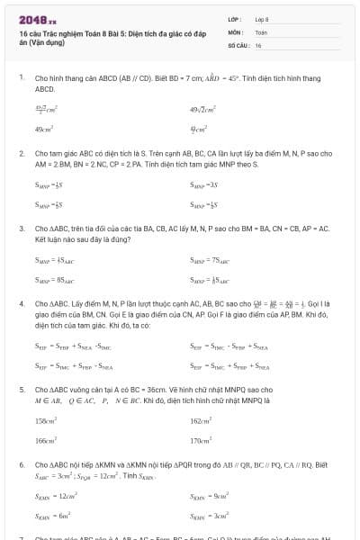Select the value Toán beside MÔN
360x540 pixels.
click(x=261, y=31)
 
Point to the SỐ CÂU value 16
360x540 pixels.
click(x=258, y=44)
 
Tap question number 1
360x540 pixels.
click(x=22, y=78)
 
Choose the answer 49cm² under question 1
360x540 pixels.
click(x=43, y=129)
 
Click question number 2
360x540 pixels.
click(x=22, y=154)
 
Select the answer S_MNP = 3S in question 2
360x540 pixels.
click(x=204, y=184)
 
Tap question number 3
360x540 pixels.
click(x=22, y=229)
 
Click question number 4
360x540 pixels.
click(x=22, y=304)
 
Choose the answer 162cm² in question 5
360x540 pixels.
click(x=202, y=420)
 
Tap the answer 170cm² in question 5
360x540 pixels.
click(x=202, y=440)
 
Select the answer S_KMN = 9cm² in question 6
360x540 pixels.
click(x=206, y=495)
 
